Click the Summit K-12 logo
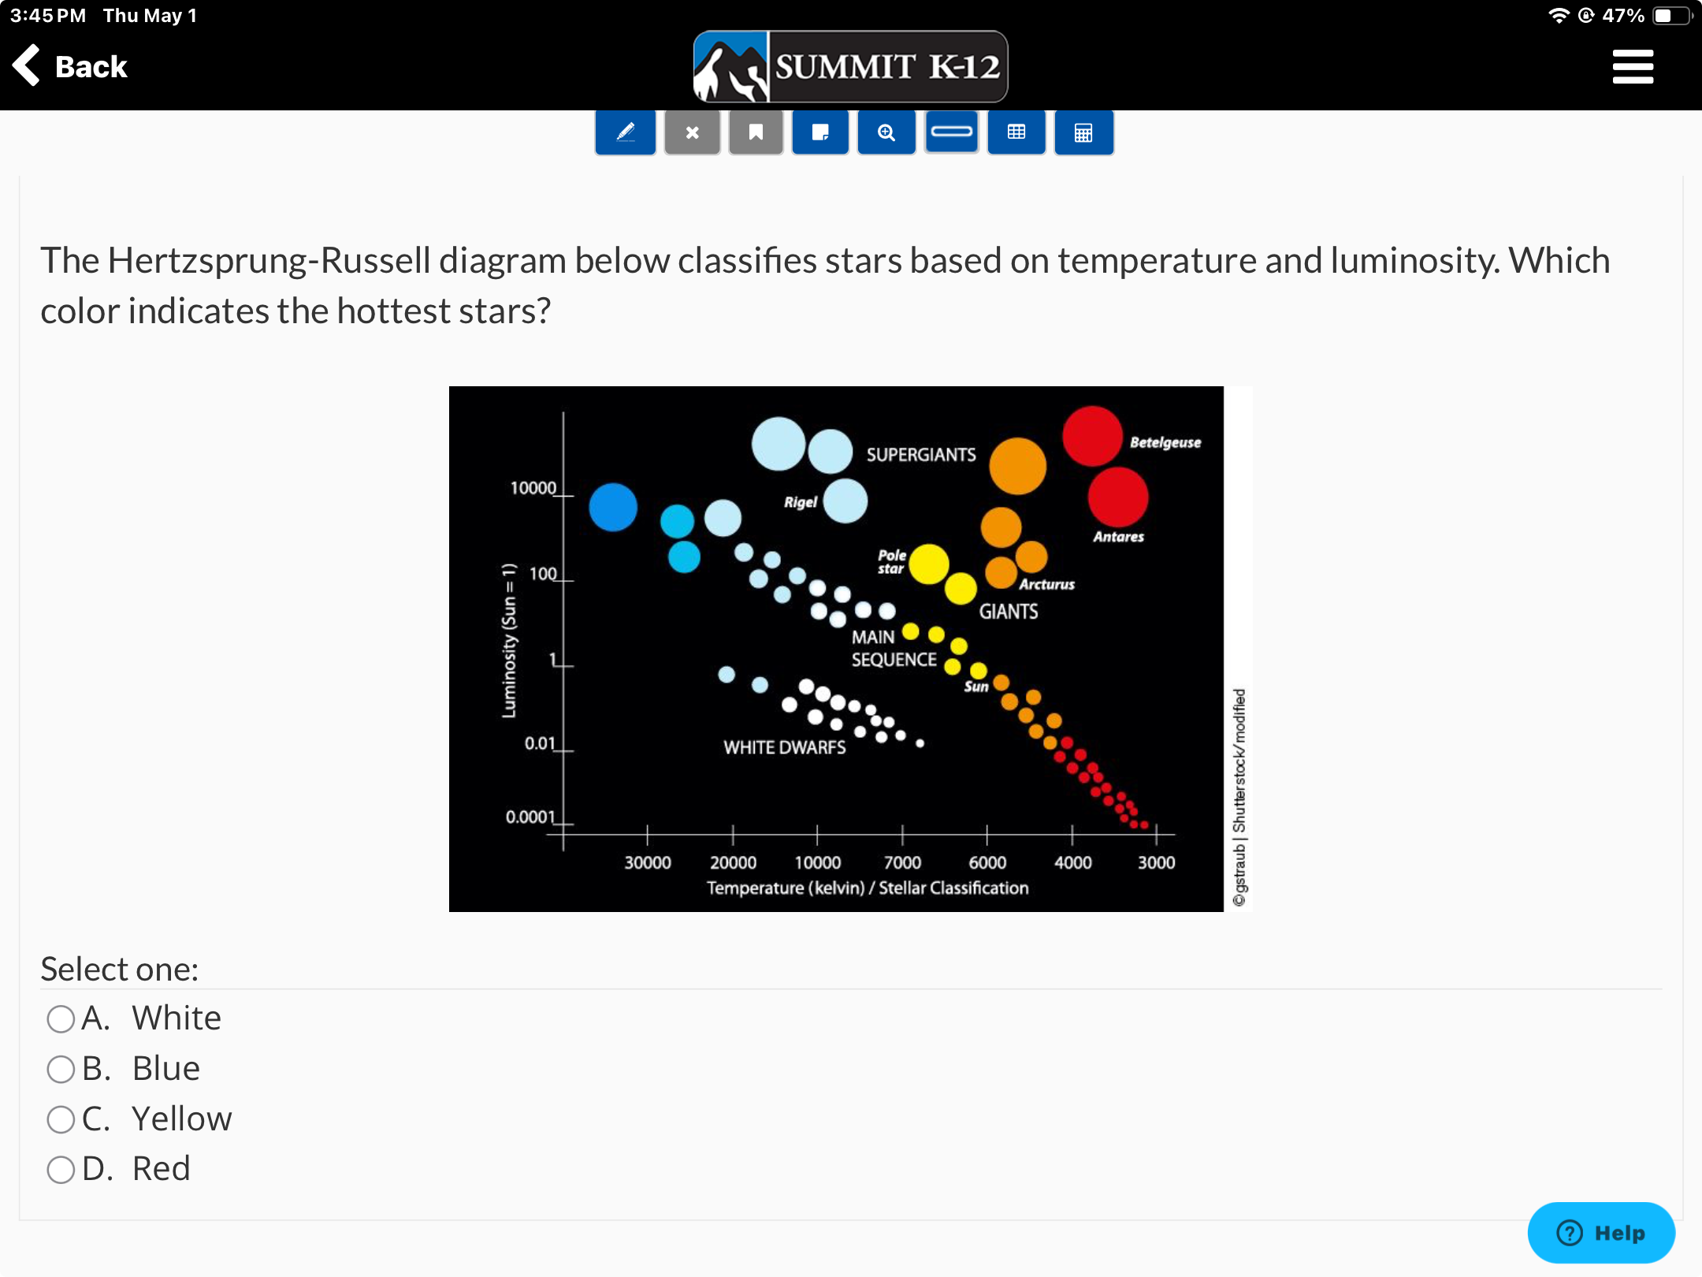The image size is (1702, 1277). (850, 67)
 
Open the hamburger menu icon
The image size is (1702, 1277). (1633, 66)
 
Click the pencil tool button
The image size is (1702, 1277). (626, 132)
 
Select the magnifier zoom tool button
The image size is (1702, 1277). (886, 132)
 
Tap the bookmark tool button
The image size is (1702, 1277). (756, 132)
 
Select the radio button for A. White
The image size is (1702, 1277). (61, 1018)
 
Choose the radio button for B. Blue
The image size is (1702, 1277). (61, 1069)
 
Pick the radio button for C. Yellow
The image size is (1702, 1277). (61, 1119)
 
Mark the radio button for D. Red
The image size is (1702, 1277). (61, 1169)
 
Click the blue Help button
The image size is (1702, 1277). (1601, 1232)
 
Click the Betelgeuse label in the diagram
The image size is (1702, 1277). (1165, 442)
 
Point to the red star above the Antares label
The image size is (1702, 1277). (1118, 497)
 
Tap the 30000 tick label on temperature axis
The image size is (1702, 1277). (648, 862)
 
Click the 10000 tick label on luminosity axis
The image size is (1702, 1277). (533, 488)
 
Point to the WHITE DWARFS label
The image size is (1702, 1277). (785, 747)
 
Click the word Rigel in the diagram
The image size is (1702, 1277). (801, 502)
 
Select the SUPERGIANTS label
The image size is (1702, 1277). (921, 455)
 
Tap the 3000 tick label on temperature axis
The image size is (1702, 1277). (1156, 862)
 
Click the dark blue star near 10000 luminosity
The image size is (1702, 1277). (613, 507)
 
